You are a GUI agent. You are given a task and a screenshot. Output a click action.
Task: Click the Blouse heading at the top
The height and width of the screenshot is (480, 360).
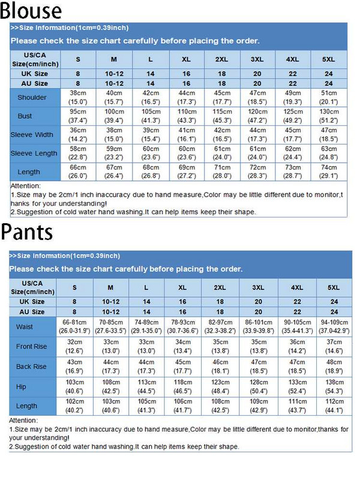[x=31, y=10]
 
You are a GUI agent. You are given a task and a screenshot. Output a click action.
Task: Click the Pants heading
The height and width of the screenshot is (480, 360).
[x=27, y=231]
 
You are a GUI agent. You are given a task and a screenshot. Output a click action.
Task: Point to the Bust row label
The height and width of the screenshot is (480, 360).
[x=25, y=116]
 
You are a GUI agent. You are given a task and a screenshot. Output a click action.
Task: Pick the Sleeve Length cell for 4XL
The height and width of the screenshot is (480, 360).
[x=293, y=153]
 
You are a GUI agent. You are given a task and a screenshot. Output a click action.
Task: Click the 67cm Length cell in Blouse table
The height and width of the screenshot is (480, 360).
[x=114, y=172]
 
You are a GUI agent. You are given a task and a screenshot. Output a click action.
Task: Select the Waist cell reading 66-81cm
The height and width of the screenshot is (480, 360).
[x=74, y=327]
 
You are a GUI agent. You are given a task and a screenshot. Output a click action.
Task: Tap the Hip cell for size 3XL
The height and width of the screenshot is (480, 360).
[x=259, y=387]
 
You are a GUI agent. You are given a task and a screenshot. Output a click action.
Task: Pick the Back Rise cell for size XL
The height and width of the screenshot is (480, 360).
[x=182, y=367]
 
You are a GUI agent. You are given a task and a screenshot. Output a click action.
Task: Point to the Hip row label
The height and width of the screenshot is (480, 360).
[x=21, y=387]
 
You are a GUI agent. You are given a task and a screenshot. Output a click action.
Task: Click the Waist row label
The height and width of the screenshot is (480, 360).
[x=25, y=327]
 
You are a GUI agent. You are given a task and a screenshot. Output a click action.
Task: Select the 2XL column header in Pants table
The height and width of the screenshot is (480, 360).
[x=221, y=287]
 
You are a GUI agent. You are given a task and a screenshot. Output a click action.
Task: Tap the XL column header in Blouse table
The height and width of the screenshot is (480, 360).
[x=187, y=59]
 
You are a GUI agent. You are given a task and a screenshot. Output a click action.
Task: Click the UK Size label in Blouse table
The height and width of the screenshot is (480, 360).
[x=34, y=73]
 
